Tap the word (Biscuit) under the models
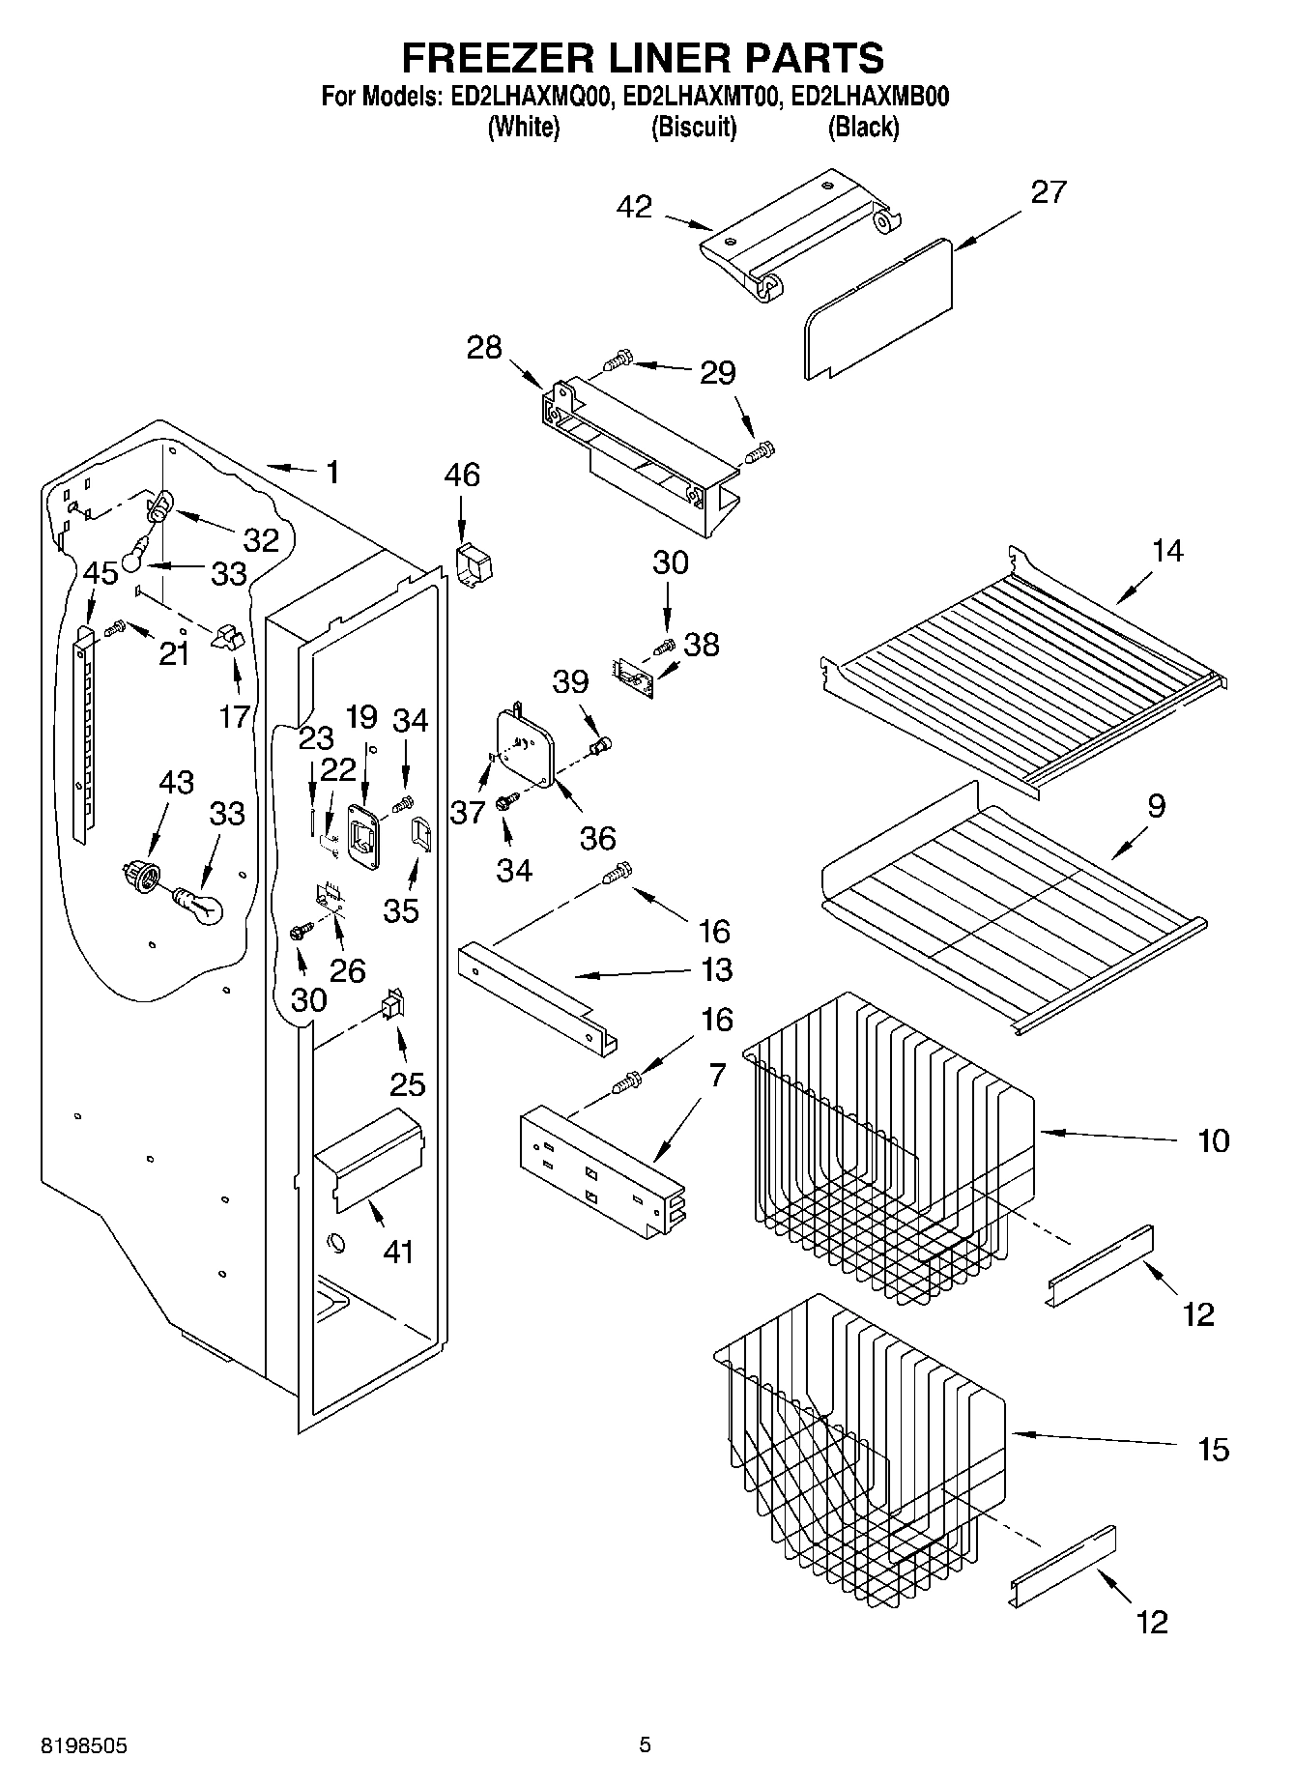click(694, 128)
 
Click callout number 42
click(634, 207)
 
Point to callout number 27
click(1049, 192)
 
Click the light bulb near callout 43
click(199, 905)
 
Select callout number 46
click(462, 476)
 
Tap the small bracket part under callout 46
click(474, 565)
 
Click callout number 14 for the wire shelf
click(1167, 551)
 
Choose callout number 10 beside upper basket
click(1213, 1140)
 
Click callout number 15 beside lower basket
click(1213, 1449)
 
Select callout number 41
click(398, 1252)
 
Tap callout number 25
click(407, 1083)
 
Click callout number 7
click(716, 1076)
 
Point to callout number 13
click(716, 969)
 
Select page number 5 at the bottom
click(645, 1745)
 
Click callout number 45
click(100, 573)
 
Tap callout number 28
click(484, 348)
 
